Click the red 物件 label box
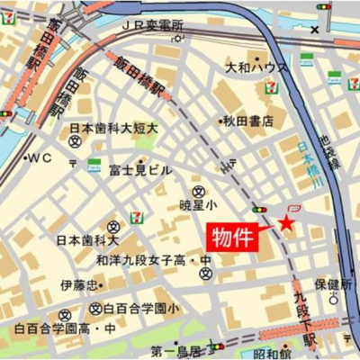tap(234, 238)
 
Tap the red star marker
tap(286, 221)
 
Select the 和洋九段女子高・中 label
tap(154, 261)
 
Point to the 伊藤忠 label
tap(78, 285)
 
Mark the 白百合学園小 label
tap(140, 309)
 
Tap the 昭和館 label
tap(272, 352)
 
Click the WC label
tap(40, 157)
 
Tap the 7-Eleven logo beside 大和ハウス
tap(271, 86)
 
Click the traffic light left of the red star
tap(259, 210)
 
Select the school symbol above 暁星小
tap(198, 191)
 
